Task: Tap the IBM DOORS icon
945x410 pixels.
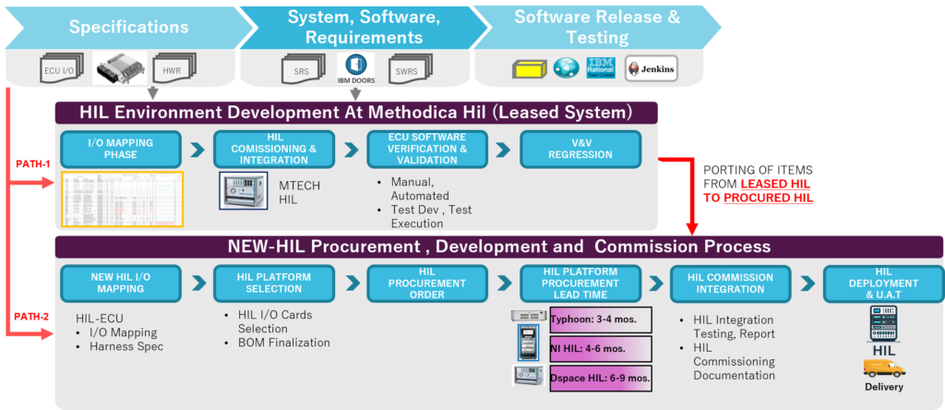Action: tap(355, 67)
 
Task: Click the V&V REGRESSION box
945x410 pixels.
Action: tap(580, 149)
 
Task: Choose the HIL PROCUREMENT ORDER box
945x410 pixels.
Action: tap(427, 283)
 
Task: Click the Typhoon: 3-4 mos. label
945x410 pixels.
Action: tap(600, 320)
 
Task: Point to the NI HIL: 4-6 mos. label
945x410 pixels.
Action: tap(600, 349)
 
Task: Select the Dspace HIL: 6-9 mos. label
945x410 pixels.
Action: tap(600, 378)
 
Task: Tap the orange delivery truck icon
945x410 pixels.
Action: tap(884, 368)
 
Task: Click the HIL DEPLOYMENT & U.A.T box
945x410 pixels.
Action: tap(884, 283)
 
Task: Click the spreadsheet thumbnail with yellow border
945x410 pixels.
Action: tap(122, 199)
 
